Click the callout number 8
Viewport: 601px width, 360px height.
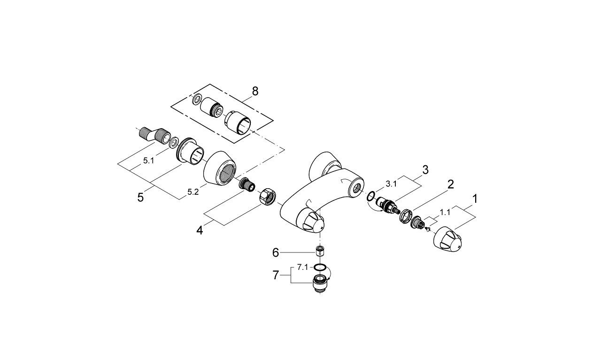pos(255,91)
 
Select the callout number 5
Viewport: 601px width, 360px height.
pos(140,198)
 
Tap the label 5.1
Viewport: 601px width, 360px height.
pos(148,161)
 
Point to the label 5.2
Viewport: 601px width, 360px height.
pos(193,192)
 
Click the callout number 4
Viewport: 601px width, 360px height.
pos(200,230)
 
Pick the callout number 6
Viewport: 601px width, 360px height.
pos(276,253)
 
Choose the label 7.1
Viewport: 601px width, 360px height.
pos(302,267)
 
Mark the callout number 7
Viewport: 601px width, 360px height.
pos(276,275)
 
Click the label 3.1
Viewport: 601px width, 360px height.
pos(391,184)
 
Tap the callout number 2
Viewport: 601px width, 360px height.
pos(450,184)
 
